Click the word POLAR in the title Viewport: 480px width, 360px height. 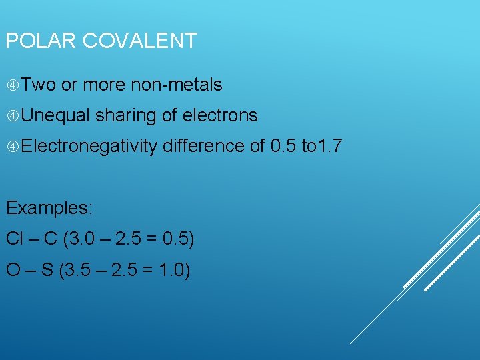pyautogui.click(x=41, y=41)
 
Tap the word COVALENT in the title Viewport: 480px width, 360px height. pyautogui.click(x=139, y=41)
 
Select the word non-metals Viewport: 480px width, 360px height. pyautogui.click(x=177, y=85)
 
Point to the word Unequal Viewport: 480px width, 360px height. pyautogui.click(x=56, y=115)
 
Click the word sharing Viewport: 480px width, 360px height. pyautogui.click(x=126, y=116)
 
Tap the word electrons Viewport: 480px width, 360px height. pyautogui.click(x=220, y=115)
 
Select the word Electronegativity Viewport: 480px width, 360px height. pyautogui.click(x=89, y=146)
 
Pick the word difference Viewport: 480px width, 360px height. pyautogui.click(x=203, y=145)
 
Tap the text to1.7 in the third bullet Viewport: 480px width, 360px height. pyautogui.click(x=322, y=145)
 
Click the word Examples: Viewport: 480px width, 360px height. pyautogui.click(x=49, y=207)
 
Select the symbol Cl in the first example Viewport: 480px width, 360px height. pyautogui.click(x=14, y=238)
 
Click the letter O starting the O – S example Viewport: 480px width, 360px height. pyautogui.click(x=13, y=270)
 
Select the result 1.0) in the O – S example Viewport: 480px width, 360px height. pyautogui.click(x=175, y=270)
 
